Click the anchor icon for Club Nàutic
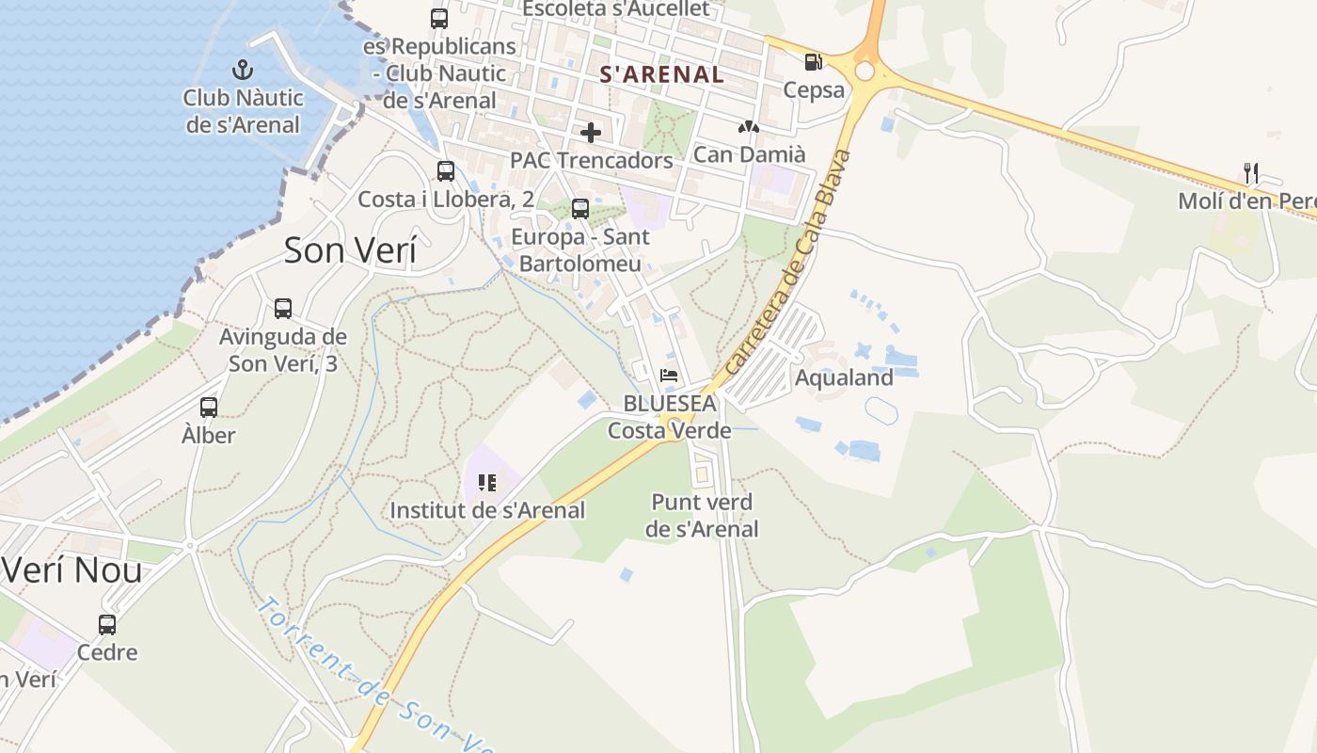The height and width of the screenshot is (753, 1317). click(243, 69)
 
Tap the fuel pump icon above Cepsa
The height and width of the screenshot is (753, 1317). click(813, 62)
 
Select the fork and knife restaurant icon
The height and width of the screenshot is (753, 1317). click(1250, 172)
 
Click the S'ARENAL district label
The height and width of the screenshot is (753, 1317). click(662, 74)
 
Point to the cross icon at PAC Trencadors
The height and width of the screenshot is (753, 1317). click(591, 133)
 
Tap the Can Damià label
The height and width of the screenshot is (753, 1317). click(749, 154)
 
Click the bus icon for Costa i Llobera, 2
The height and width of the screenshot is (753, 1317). click(446, 171)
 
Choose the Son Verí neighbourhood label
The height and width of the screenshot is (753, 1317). click(350, 250)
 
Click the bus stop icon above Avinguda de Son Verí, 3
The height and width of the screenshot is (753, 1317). click(282, 308)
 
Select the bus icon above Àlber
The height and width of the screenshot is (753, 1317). click(209, 408)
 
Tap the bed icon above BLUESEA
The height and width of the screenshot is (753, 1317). click(669, 376)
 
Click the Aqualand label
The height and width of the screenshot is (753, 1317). click(844, 378)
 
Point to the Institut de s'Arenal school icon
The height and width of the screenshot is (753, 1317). click(487, 483)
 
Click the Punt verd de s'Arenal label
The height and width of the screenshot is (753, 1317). click(702, 516)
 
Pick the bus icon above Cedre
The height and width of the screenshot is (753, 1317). click(107, 624)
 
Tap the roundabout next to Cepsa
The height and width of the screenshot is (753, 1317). click(865, 72)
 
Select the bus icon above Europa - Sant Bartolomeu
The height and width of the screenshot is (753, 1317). click(580, 209)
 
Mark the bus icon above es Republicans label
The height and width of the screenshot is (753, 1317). click(439, 18)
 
